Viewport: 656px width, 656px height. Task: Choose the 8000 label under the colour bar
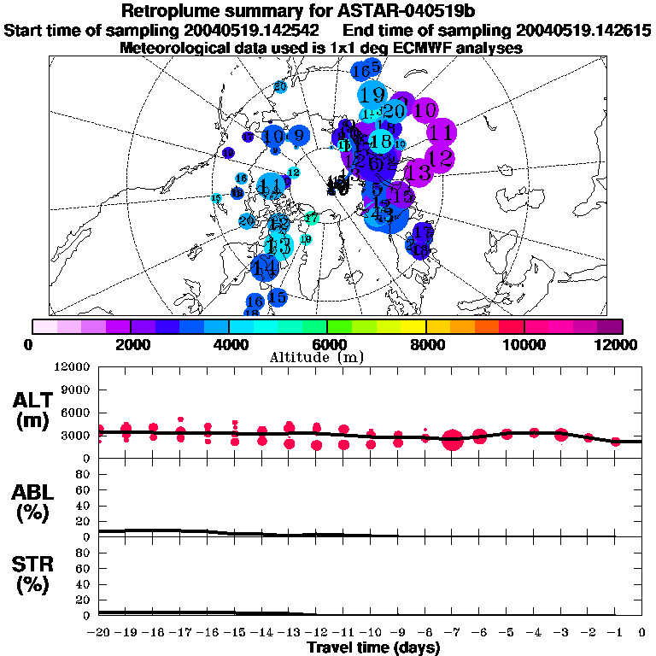coord(425,344)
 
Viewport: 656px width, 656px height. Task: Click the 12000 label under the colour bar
coord(620,344)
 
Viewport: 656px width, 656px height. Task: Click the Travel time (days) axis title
coord(373,648)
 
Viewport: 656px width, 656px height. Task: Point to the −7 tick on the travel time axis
coord(452,634)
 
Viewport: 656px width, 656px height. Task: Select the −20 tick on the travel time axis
coord(100,634)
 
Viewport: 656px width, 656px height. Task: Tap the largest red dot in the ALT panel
coord(453,440)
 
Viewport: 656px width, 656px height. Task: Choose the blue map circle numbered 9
coord(298,134)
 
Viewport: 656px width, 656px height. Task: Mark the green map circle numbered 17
coord(312,219)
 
